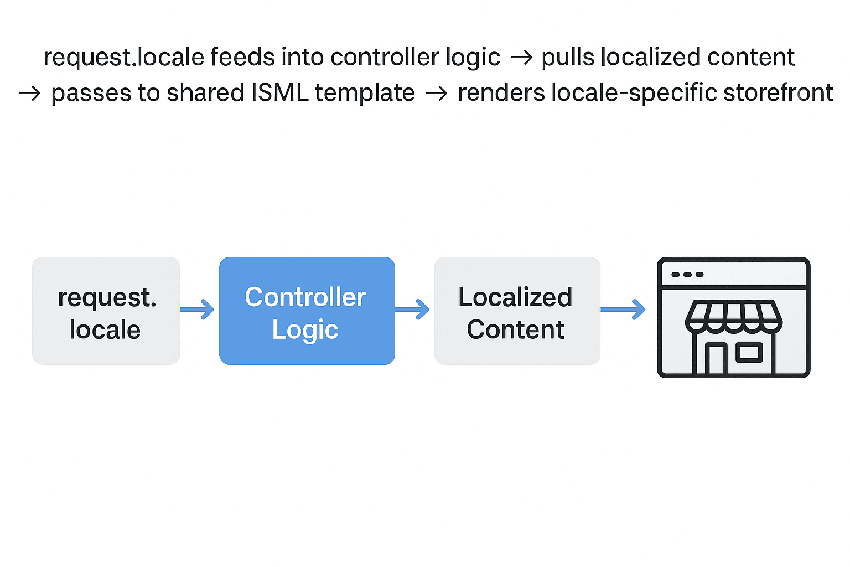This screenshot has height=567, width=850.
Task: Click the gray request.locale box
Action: click(x=106, y=311)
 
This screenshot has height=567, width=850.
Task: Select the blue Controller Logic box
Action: click(x=307, y=311)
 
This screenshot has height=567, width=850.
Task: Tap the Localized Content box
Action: click(x=517, y=311)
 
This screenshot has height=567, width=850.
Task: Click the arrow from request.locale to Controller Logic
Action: click(x=197, y=310)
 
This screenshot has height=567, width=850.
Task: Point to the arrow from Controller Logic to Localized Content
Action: click(x=412, y=310)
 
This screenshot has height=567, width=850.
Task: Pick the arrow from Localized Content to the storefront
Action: click(x=623, y=310)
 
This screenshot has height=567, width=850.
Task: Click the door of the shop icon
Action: click(x=716, y=359)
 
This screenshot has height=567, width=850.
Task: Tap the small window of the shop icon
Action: click(x=749, y=352)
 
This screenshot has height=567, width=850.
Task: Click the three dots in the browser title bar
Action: click(x=687, y=275)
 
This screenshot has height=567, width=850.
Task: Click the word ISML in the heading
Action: click(x=280, y=92)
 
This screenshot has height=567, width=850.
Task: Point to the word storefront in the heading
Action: click(x=778, y=92)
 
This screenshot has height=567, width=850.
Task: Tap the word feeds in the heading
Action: click(x=242, y=58)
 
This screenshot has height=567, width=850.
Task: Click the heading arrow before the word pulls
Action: click(x=521, y=58)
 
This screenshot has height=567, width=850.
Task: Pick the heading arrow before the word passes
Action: click(x=29, y=94)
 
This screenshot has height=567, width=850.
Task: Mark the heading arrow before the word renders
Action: click(x=437, y=94)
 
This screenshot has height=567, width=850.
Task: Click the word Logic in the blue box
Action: click(x=305, y=329)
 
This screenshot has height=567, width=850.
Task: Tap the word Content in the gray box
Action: click(x=516, y=329)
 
